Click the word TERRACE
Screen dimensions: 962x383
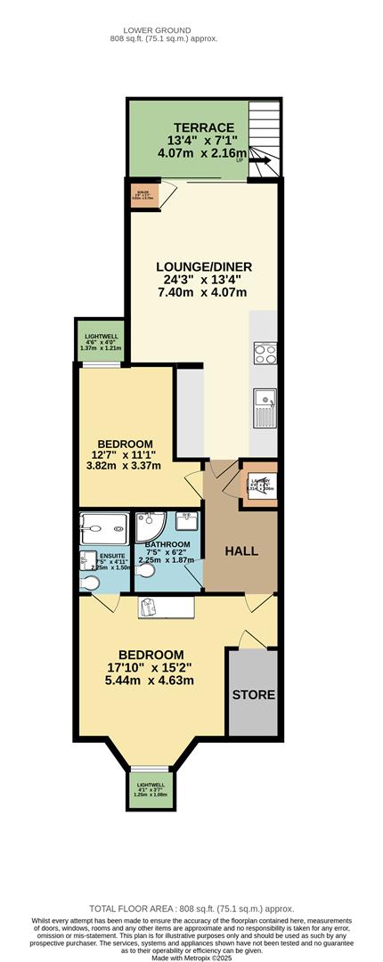205,126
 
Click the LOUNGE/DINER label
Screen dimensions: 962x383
204,266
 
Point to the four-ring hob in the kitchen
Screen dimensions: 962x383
265,354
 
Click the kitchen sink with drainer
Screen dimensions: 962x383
265,409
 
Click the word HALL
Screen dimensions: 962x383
240,551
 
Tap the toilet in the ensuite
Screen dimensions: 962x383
90,582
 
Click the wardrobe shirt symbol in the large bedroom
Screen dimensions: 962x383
149,607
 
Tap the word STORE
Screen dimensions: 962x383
254,694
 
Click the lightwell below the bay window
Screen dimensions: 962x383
146,787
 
